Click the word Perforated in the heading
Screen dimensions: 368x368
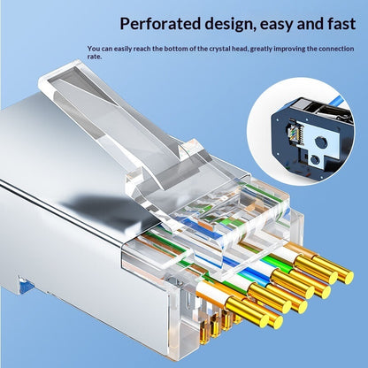pyautogui.click(x=160, y=24)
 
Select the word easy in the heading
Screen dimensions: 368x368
pyautogui.click(x=277, y=25)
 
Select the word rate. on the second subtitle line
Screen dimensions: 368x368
pyautogui.click(x=95, y=57)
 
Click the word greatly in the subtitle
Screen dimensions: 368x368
pyautogui.click(x=261, y=49)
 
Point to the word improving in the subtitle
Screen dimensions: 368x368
pyautogui.click(x=289, y=49)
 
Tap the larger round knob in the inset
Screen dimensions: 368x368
pyautogui.click(x=321, y=142)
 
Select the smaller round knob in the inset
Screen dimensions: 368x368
pyautogui.click(x=315, y=160)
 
